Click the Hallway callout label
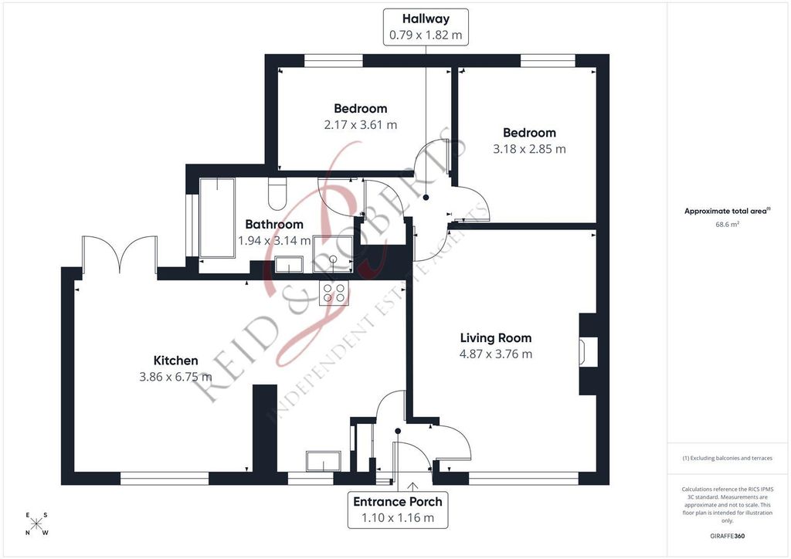(426, 26)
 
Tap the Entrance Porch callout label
(398, 510)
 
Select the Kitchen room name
(176, 361)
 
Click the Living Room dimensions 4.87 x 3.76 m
(496, 354)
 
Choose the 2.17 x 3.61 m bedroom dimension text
(361, 124)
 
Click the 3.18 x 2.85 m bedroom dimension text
(529, 149)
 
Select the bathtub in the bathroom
(225, 218)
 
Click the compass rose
(36, 524)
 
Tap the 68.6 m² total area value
(728, 225)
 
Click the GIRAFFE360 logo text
(728, 536)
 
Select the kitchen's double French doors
(119, 253)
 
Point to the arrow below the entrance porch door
(414, 486)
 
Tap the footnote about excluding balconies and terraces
(728, 458)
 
